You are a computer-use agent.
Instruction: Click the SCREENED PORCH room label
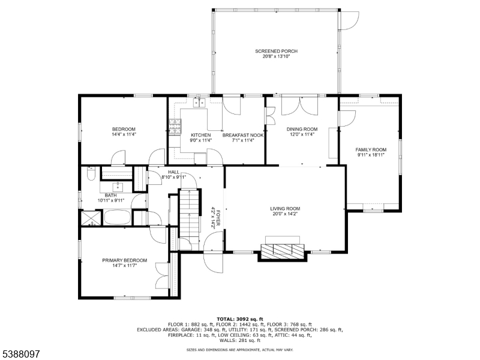(276, 51)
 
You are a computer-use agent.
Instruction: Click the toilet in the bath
(91, 175)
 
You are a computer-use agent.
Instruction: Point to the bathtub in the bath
(118, 217)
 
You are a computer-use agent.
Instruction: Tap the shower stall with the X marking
(91, 217)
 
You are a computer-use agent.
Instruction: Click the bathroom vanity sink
(118, 185)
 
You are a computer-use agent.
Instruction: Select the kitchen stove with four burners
(175, 127)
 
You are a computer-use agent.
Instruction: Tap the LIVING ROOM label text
(284, 209)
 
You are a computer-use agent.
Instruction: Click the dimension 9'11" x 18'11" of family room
(370, 155)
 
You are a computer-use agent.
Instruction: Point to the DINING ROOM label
(302, 129)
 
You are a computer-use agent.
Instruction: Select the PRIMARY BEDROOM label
(124, 260)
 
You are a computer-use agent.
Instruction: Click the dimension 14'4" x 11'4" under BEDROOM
(124, 134)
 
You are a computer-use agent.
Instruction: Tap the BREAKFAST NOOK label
(243, 135)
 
